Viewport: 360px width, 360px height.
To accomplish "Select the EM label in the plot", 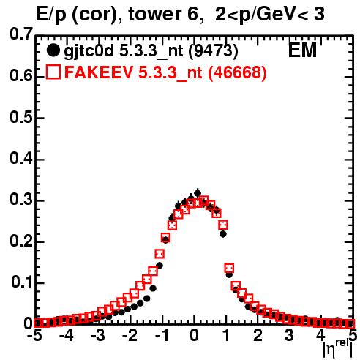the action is (x=302, y=50).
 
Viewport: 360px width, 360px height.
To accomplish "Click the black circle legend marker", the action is (x=53, y=50).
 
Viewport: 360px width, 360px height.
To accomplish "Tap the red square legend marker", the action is (x=53, y=72).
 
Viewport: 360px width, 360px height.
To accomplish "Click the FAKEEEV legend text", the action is (x=100, y=72).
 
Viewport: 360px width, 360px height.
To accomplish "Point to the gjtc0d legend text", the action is (x=89, y=51).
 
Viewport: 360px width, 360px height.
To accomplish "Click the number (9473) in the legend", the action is (x=214, y=50).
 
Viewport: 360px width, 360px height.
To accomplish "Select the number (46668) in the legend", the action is (x=237, y=72).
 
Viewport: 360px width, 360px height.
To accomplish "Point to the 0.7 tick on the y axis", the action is (x=21, y=34).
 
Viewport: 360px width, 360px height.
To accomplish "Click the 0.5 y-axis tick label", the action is (x=21, y=118).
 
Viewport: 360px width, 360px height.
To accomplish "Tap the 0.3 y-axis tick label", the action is (x=21, y=200).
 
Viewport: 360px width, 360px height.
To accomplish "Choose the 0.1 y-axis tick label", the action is (x=22, y=282).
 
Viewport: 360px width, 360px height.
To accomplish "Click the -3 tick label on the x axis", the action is (x=98, y=335).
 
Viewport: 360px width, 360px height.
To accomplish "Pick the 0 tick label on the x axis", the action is (x=194, y=335).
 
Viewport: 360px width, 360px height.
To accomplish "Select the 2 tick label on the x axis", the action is (x=258, y=335).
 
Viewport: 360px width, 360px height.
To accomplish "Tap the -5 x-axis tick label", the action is (x=35, y=335).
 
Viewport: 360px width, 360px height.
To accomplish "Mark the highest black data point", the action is (x=198, y=193).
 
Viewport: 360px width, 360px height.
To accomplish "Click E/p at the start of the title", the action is (x=51, y=15).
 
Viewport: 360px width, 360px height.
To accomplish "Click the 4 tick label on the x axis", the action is (x=321, y=335).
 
